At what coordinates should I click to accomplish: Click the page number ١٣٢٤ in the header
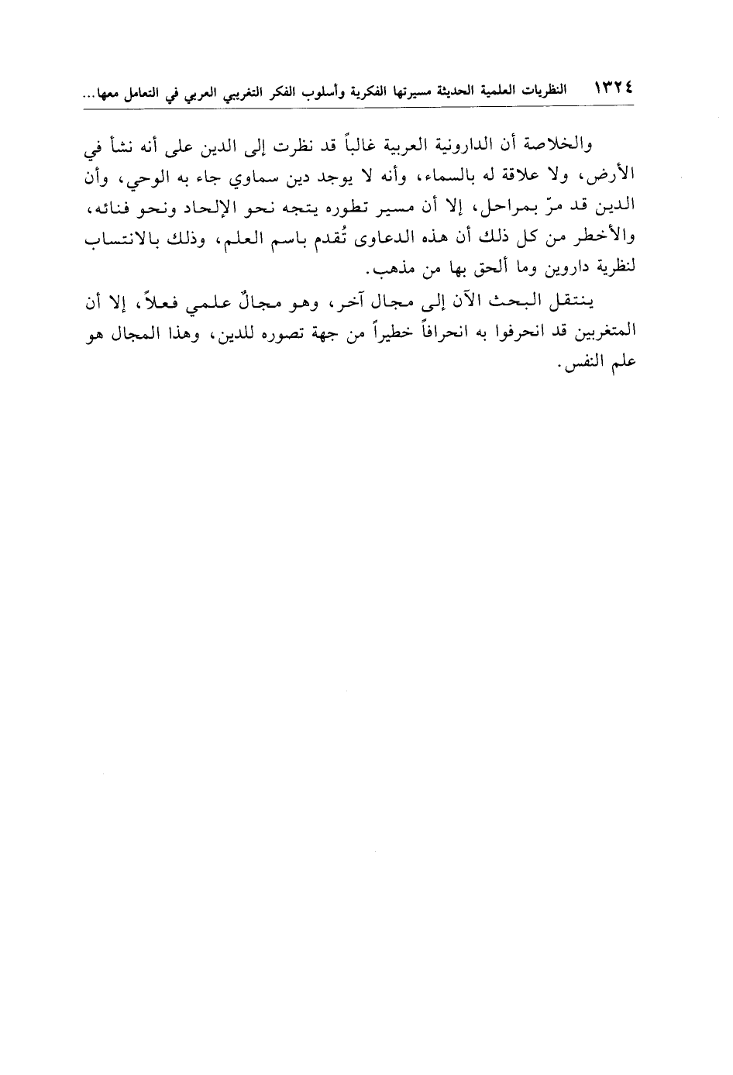(613, 91)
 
